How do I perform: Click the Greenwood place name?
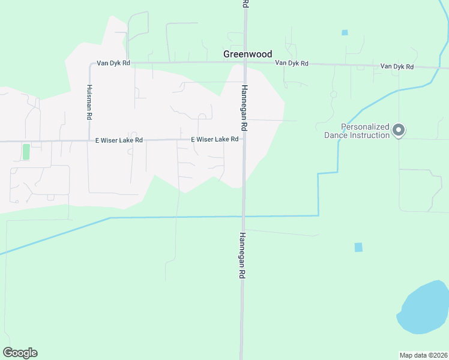click(x=247, y=54)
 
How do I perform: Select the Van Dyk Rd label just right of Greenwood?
click(x=292, y=63)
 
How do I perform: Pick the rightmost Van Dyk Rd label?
click(x=397, y=67)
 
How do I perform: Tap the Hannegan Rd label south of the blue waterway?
click(x=243, y=255)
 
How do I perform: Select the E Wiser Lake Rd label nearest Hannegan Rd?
click(x=215, y=139)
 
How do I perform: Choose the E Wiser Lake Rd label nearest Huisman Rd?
click(x=119, y=140)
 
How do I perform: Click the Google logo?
click(x=20, y=353)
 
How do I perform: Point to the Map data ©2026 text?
click(x=423, y=355)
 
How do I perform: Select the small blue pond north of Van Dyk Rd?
click(x=345, y=32)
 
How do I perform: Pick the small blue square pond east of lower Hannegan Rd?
click(x=358, y=247)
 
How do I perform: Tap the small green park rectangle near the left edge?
click(x=26, y=152)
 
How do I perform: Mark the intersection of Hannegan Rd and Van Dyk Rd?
click(x=245, y=62)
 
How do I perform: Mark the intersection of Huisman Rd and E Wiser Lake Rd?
click(x=88, y=141)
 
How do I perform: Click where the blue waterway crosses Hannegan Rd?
click(x=243, y=216)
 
